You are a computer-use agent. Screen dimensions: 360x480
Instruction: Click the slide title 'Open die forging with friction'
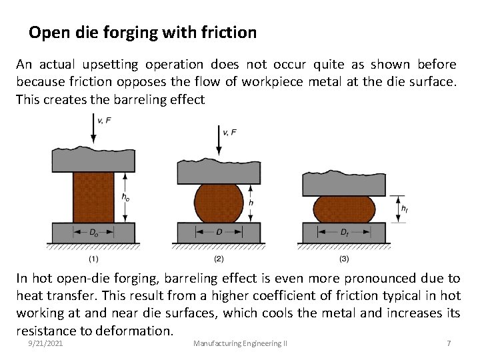click(143, 32)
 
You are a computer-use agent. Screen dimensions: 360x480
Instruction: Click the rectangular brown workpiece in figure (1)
click(93, 197)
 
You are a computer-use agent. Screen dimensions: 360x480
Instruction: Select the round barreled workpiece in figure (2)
click(219, 203)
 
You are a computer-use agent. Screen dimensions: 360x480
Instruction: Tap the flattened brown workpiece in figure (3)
click(343, 209)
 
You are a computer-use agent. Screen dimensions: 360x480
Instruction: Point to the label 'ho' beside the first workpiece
click(126, 197)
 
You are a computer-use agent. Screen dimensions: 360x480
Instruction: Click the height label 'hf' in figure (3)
click(405, 209)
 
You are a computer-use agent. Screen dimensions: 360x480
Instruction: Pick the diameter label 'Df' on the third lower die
click(344, 233)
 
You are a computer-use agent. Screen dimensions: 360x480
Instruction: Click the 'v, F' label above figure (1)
click(105, 120)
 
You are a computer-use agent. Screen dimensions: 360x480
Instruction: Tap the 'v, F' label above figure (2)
click(229, 132)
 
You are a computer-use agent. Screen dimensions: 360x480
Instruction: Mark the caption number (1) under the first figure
click(94, 258)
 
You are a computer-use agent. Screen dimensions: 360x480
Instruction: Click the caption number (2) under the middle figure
click(219, 258)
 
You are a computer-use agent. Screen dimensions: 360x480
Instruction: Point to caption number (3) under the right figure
click(344, 258)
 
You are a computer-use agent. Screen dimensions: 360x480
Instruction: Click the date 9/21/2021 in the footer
click(45, 343)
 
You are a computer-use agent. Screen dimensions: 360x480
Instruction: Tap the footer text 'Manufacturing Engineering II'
click(240, 343)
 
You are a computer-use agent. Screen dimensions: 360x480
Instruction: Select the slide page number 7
click(449, 343)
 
